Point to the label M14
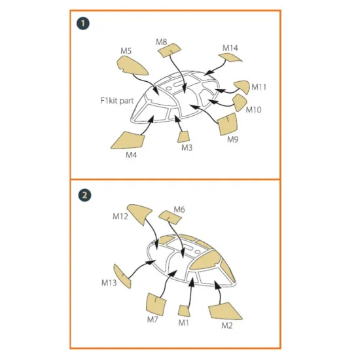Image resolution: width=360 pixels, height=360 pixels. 230,48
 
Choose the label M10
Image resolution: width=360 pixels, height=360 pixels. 254,109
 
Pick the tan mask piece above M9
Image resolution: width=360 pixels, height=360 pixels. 227,122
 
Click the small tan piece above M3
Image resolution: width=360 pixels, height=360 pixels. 185,135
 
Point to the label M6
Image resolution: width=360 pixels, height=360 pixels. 179,209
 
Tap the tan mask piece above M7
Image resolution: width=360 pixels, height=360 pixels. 154,302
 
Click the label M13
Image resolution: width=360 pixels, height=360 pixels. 109,283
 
